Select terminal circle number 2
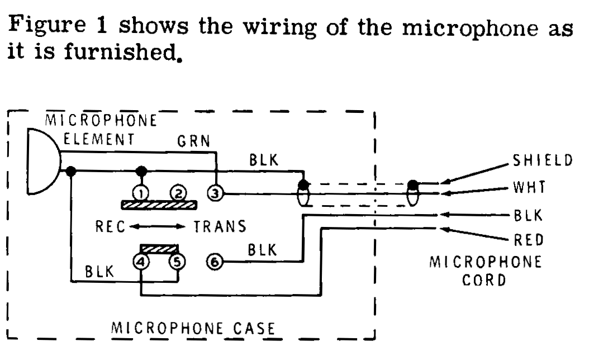tap(178, 193)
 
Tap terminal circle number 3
tap(215, 194)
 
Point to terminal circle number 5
tap(178, 260)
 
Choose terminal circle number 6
tap(215, 260)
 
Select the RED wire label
tap(528, 241)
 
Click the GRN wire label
tap(194, 141)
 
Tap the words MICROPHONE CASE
tap(194, 328)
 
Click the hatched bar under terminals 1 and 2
tap(159, 205)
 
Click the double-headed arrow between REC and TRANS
tap(157, 226)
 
